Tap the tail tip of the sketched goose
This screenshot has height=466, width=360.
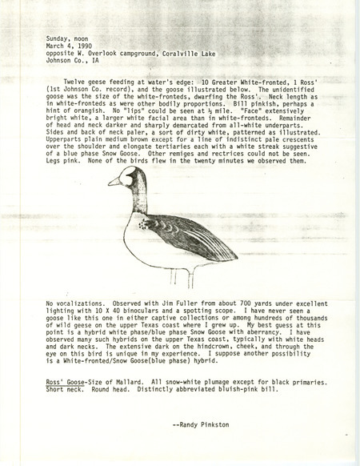pos(234,255)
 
